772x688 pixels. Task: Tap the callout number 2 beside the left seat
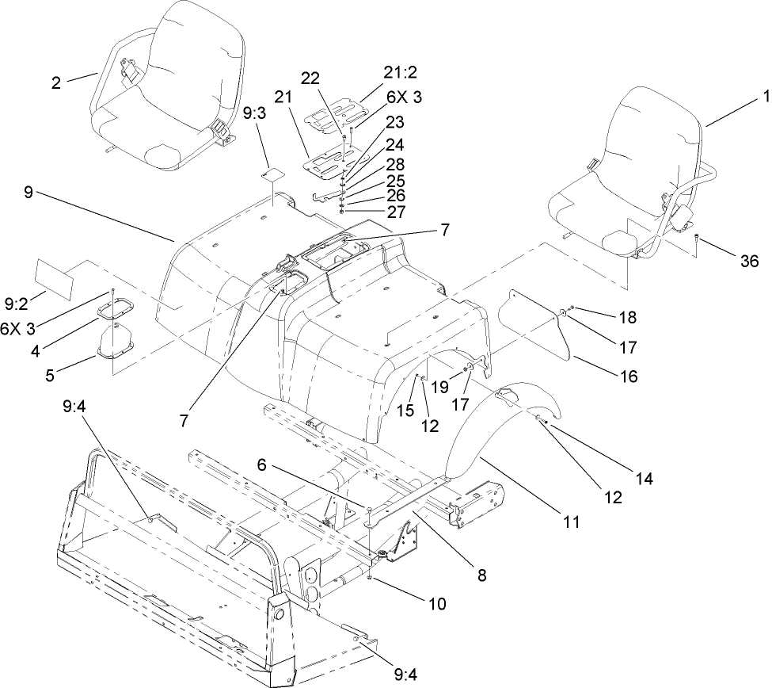(56, 82)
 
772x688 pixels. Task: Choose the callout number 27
(372, 212)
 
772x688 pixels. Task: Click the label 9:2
(16, 302)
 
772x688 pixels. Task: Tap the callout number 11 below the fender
(572, 523)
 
